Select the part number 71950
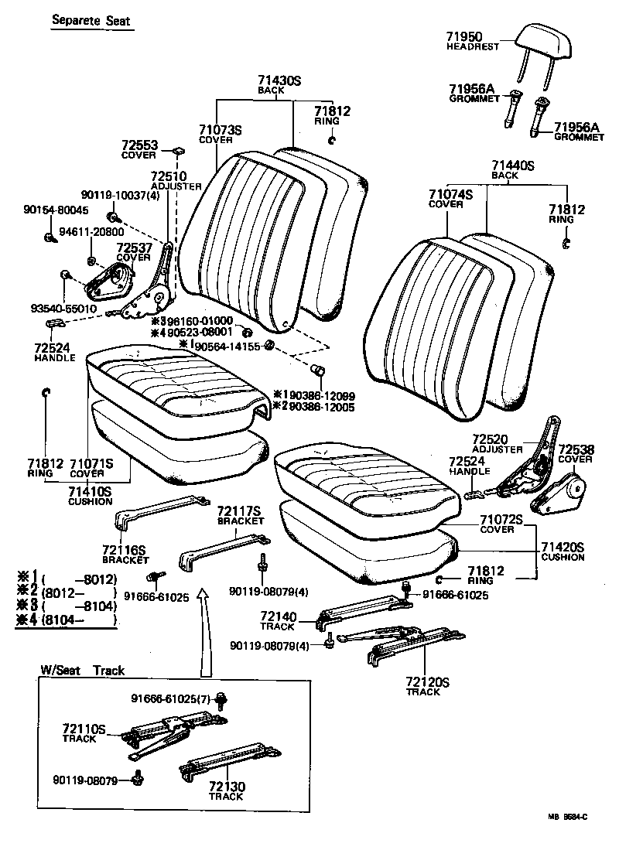pyautogui.click(x=464, y=36)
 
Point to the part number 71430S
pyautogui.click(x=279, y=80)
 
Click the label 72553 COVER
pyautogui.click(x=139, y=149)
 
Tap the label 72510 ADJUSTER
pyautogui.click(x=176, y=181)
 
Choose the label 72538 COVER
pyautogui.click(x=575, y=453)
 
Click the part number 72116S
pyautogui.click(x=124, y=549)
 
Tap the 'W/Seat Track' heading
pyautogui.click(x=83, y=670)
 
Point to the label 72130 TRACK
pyautogui.click(x=226, y=790)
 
